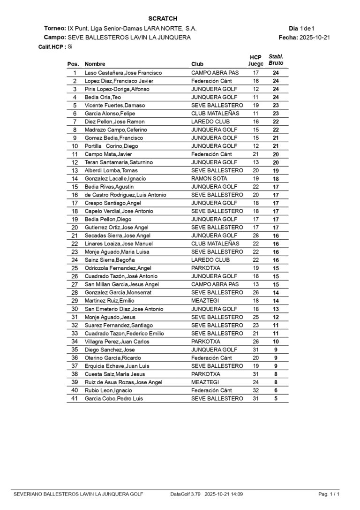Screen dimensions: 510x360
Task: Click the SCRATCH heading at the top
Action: coord(162,18)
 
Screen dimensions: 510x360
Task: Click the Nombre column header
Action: coord(95,64)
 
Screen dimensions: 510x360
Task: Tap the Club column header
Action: coord(197,64)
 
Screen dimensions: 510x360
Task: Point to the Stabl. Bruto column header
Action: coord(276,60)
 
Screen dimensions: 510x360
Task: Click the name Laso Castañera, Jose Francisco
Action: coord(123,73)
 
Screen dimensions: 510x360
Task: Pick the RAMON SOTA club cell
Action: coord(209,179)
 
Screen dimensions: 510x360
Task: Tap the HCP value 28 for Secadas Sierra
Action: coord(256,236)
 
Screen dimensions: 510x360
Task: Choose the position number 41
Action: coord(75,398)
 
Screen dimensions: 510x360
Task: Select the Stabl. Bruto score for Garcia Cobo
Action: coord(276,398)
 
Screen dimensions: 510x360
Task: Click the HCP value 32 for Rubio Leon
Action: coord(256,390)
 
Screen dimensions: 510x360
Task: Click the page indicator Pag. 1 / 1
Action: coord(329,494)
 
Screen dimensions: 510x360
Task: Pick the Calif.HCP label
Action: coord(52,47)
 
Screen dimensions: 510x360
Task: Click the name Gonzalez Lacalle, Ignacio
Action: coord(115,179)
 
